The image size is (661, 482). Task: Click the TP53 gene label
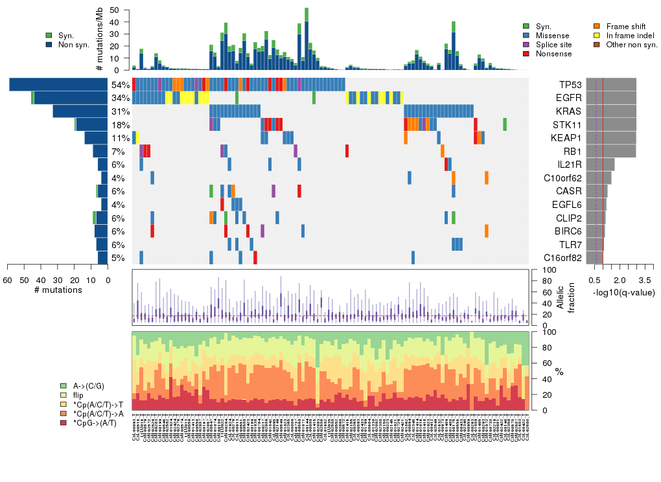[571, 85]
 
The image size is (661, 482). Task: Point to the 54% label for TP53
[121, 85]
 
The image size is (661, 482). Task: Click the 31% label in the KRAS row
[121, 111]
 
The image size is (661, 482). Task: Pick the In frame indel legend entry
[629, 35]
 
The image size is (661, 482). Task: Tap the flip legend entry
[78, 395]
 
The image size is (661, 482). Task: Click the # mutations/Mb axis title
[99, 40]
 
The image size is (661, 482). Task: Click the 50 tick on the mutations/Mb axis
[115, 10]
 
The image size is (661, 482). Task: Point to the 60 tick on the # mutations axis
[8, 280]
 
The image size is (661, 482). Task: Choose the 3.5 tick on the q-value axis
[645, 280]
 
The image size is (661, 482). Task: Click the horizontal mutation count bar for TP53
[58, 85]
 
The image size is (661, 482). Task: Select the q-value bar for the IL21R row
[605, 165]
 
